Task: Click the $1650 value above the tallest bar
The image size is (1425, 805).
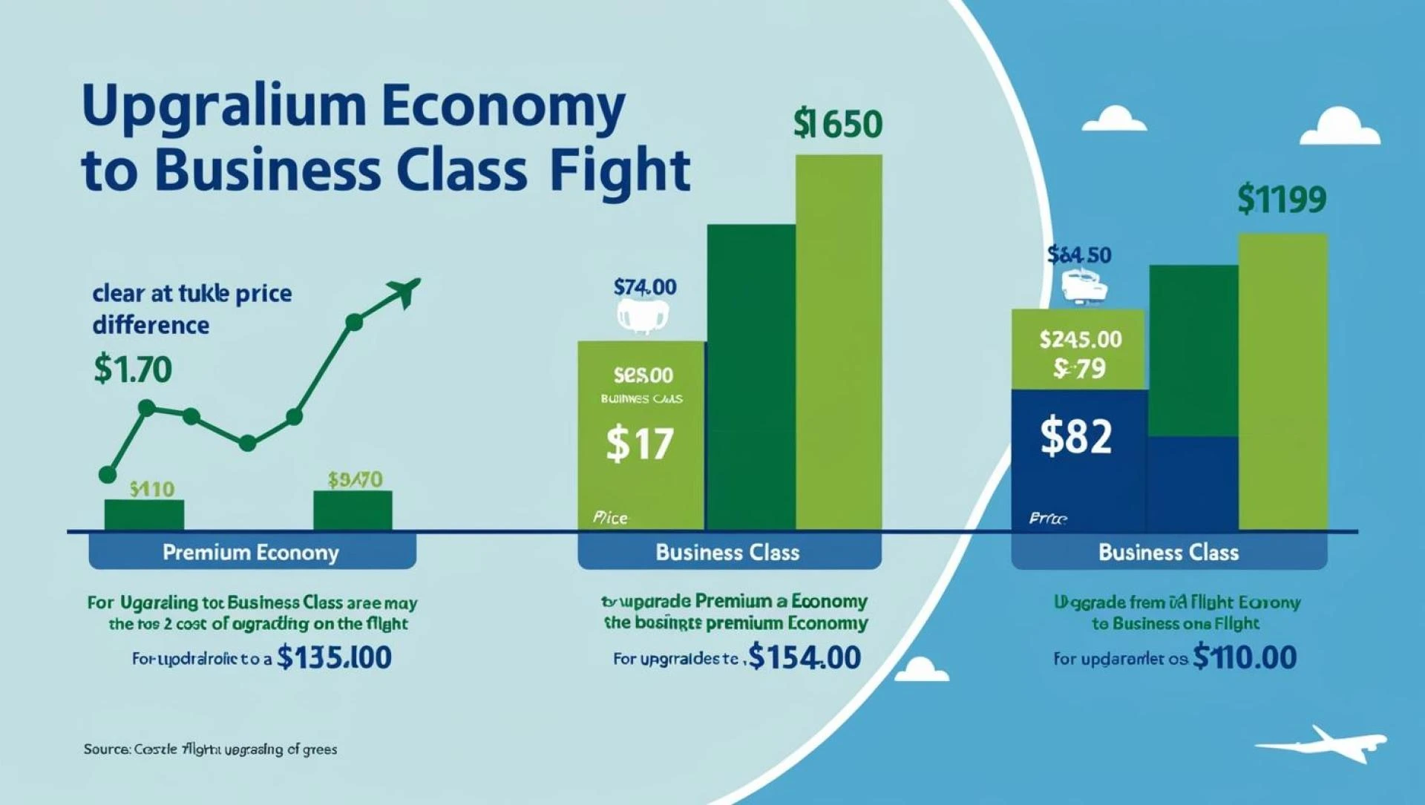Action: (837, 124)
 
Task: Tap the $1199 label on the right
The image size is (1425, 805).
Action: (1282, 200)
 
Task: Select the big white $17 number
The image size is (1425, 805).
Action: (640, 444)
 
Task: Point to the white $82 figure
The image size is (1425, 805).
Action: (1076, 436)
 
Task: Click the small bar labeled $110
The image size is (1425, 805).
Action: (144, 514)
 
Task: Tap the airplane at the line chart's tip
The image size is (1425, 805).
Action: (404, 291)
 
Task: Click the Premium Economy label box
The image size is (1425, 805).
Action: (252, 553)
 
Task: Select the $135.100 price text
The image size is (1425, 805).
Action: (334, 657)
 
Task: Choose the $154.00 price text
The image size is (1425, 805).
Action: (805, 657)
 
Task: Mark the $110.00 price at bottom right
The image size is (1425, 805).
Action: (1245, 657)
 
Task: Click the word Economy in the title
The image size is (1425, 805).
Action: (504, 106)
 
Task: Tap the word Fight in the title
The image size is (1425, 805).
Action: (620, 171)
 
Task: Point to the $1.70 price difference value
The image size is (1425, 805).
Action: (133, 369)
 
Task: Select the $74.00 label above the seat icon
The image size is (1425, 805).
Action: (645, 287)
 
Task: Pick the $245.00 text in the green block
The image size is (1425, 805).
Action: (1081, 340)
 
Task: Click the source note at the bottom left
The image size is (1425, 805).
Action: (210, 749)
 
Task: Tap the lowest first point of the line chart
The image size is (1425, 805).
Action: (108, 475)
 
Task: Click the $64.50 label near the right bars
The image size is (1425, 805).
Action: (1079, 255)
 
